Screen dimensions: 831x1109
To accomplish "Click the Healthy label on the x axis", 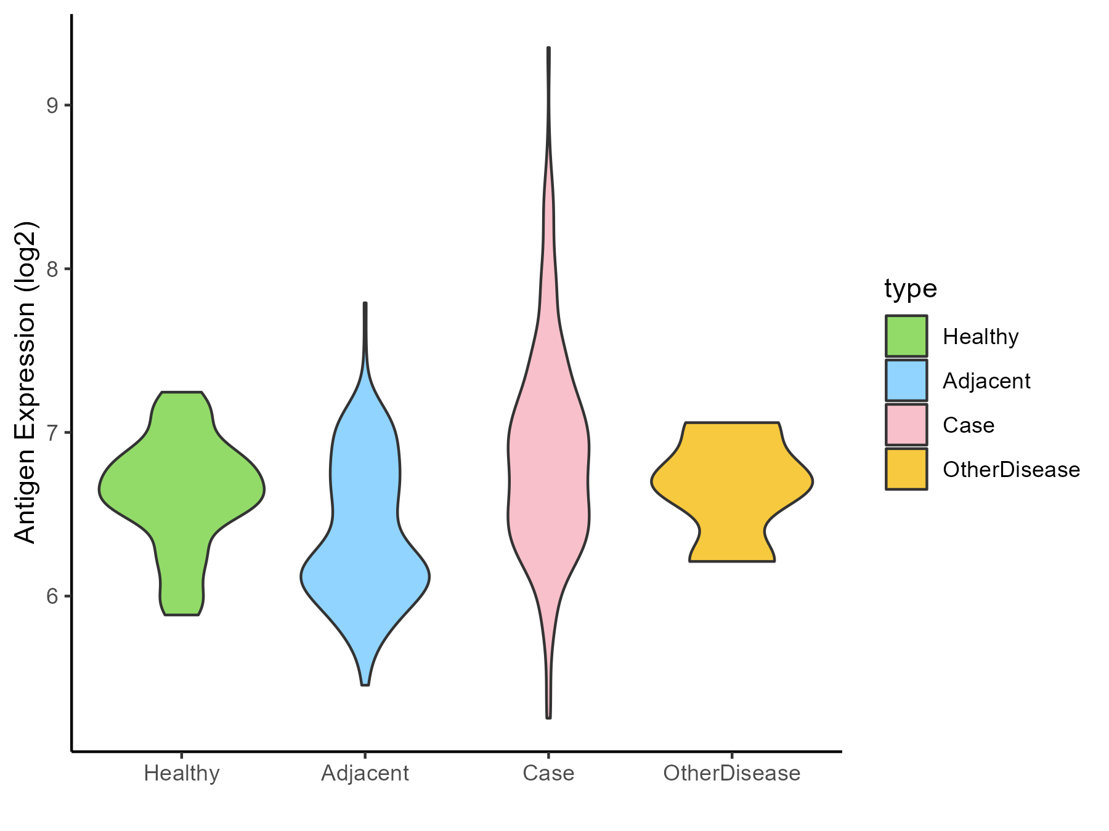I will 182,773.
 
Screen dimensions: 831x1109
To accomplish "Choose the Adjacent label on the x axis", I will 365,773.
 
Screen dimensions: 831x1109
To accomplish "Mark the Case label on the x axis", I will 548,773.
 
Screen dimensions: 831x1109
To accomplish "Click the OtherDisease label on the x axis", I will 732,773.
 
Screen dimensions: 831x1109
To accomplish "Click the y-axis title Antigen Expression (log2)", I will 26,382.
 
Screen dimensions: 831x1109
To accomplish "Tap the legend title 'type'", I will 911,288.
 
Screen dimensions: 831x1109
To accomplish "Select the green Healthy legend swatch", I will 906,336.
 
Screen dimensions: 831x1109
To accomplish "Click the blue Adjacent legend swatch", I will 906,380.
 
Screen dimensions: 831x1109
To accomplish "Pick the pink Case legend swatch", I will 906,425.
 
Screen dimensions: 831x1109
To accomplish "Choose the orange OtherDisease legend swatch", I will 906,469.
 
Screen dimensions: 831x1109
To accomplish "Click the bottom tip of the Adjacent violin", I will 365,684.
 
